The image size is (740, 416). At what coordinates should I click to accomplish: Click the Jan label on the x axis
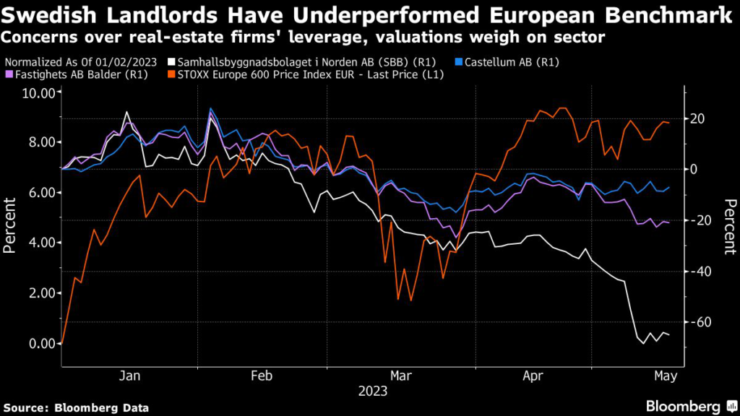click(129, 376)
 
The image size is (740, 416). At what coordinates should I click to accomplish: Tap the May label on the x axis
click(666, 376)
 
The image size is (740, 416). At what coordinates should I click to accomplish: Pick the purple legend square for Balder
click(9, 74)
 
